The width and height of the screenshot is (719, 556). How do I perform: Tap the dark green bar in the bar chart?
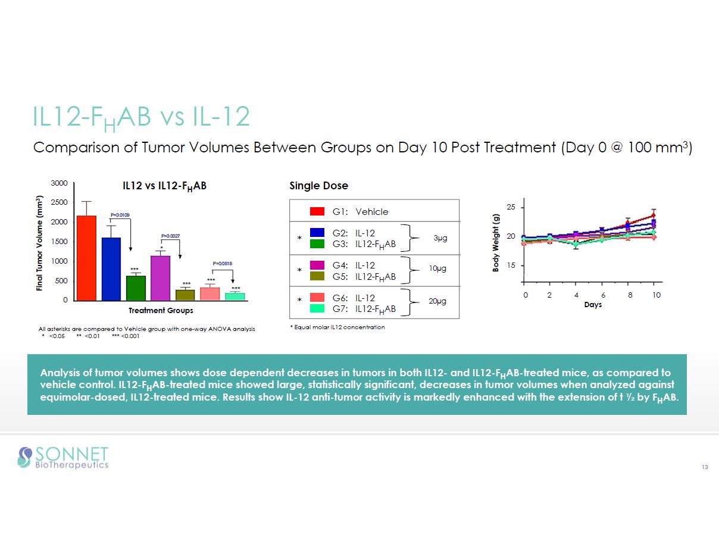(x=136, y=288)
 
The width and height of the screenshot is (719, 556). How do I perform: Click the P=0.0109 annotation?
(x=120, y=215)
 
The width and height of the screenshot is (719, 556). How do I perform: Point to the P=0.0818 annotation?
(x=223, y=263)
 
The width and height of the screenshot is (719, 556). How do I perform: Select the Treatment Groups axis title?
(x=161, y=310)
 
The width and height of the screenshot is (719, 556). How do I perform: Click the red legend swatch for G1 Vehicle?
(x=317, y=211)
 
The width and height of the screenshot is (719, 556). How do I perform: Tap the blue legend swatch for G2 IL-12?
(x=317, y=232)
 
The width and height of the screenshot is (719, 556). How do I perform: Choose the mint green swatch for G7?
(x=317, y=308)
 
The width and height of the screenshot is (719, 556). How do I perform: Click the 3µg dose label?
(x=440, y=238)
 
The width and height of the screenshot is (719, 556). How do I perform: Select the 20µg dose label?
(x=437, y=302)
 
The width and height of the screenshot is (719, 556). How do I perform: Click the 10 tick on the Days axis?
(x=656, y=295)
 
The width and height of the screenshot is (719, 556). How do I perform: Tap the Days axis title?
(x=592, y=305)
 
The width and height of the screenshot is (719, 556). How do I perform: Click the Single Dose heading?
(x=318, y=186)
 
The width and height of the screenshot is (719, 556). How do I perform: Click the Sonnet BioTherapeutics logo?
(x=63, y=457)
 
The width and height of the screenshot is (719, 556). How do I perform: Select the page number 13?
(x=705, y=467)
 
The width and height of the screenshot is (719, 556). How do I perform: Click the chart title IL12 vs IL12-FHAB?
(x=164, y=186)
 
